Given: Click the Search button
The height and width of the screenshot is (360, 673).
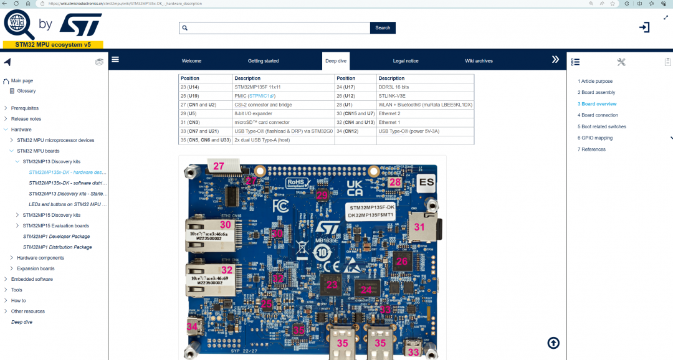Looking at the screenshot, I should (383, 28).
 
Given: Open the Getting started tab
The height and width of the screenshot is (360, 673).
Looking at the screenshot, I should (263, 61).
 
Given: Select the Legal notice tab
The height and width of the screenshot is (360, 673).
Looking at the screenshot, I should (405, 61).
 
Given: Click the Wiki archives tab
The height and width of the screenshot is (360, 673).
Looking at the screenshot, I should (479, 61).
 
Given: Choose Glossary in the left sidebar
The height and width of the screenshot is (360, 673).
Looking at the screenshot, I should (26, 91).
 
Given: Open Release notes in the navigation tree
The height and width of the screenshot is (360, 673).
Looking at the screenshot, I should (26, 119).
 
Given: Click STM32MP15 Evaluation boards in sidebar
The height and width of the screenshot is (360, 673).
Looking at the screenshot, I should (55, 225).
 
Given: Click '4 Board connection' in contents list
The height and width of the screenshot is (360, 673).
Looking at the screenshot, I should (599, 115).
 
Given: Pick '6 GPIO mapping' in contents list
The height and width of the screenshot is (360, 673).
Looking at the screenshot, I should (595, 138).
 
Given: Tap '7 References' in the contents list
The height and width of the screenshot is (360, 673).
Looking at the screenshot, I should (591, 149).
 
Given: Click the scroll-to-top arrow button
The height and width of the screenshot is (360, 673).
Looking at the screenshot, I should (553, 343).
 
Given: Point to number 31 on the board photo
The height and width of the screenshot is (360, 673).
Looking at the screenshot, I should (419, 228).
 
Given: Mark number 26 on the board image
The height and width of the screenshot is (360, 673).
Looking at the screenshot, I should (402, 262).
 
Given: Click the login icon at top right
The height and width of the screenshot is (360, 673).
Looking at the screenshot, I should (644, 27).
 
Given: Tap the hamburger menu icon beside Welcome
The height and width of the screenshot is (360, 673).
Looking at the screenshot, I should (115, 60).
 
